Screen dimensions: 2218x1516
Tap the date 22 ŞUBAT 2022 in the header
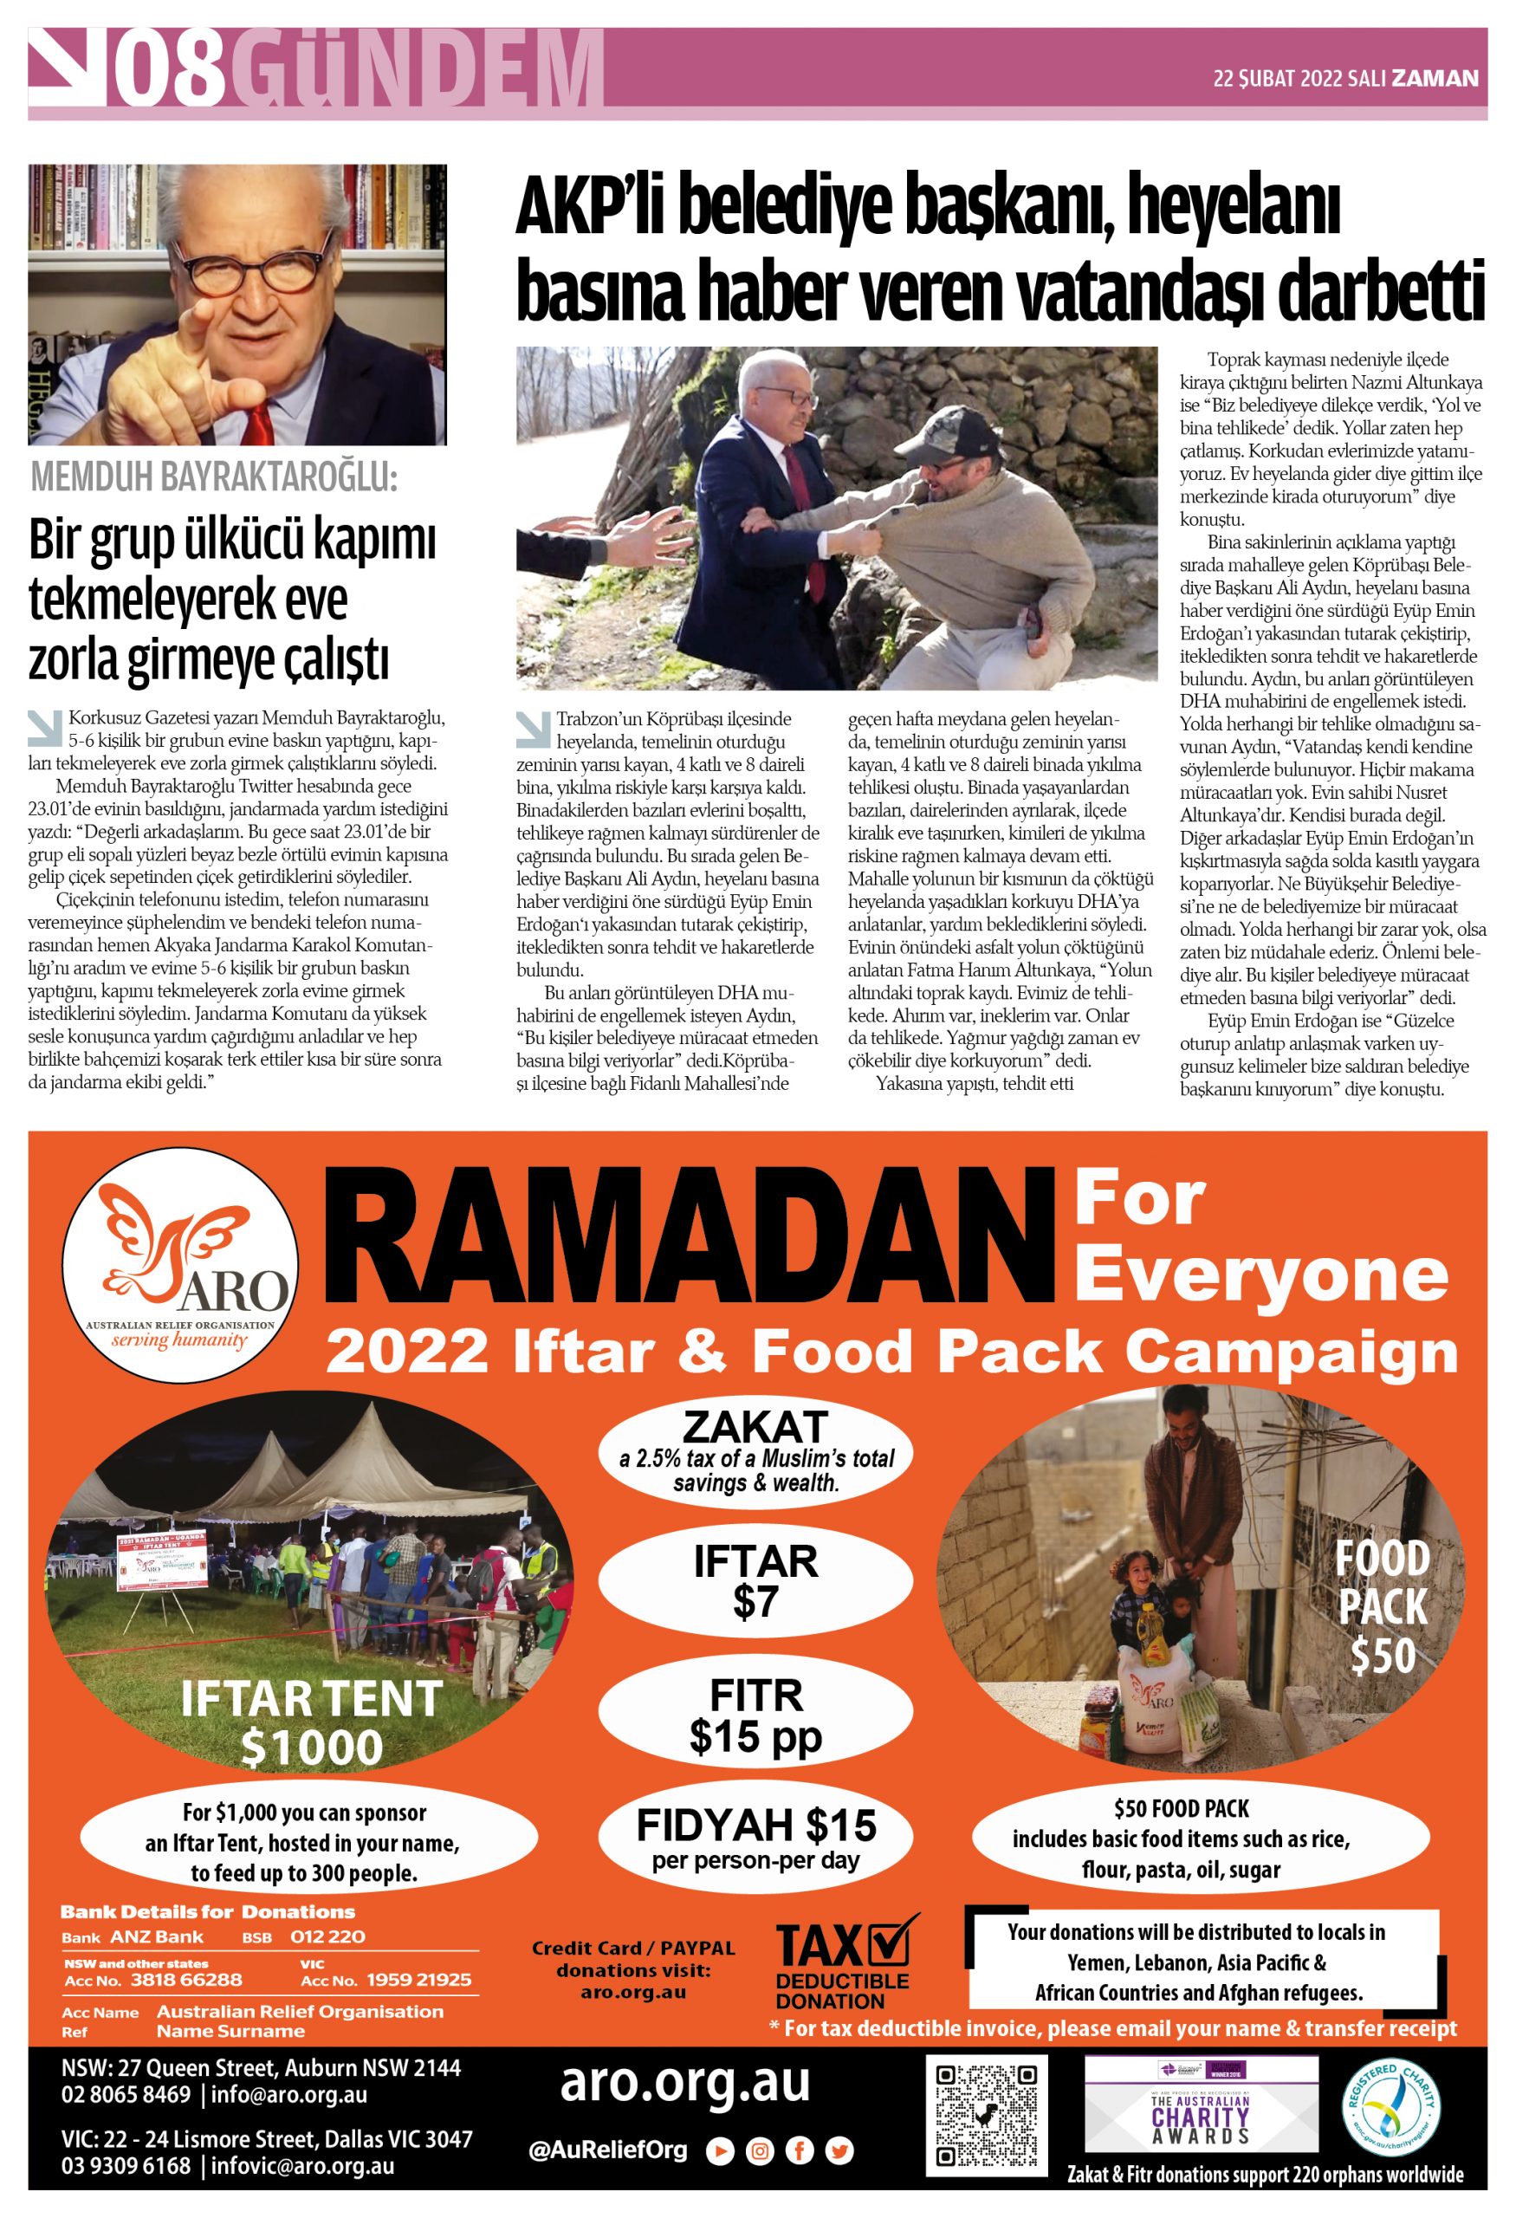pos(1277,78)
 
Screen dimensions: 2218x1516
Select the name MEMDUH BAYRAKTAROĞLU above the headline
pos(214,477)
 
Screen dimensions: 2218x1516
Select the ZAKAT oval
pos(755,1455)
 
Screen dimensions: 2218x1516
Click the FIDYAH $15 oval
pos(755,1839)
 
